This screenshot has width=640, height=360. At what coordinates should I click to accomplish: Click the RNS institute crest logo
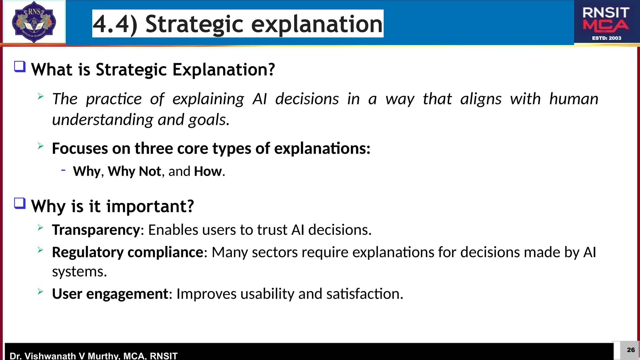(x=34, y=22)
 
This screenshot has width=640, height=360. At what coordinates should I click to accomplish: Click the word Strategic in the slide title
(x=194, y=24)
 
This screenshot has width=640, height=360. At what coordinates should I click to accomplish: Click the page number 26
(x=631, y=350)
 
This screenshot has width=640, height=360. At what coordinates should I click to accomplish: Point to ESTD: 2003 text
(x=607, y=38)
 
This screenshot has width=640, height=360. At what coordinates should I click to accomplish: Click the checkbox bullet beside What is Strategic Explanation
(x=20, y=67)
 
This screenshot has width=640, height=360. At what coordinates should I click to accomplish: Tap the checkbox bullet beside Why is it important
(x=20, y=203)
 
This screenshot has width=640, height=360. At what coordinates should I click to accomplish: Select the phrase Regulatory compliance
(x=127, y=252)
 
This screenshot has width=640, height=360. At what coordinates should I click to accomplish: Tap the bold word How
(x=207, y=171)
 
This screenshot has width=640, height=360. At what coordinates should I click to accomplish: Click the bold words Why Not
(x=134, y=171)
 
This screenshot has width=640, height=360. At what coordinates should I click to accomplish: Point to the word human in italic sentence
(x=573, y=99)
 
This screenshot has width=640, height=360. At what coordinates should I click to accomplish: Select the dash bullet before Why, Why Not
(x=63, y=170)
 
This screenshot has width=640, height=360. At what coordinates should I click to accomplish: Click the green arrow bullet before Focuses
(x=40, y=146)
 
